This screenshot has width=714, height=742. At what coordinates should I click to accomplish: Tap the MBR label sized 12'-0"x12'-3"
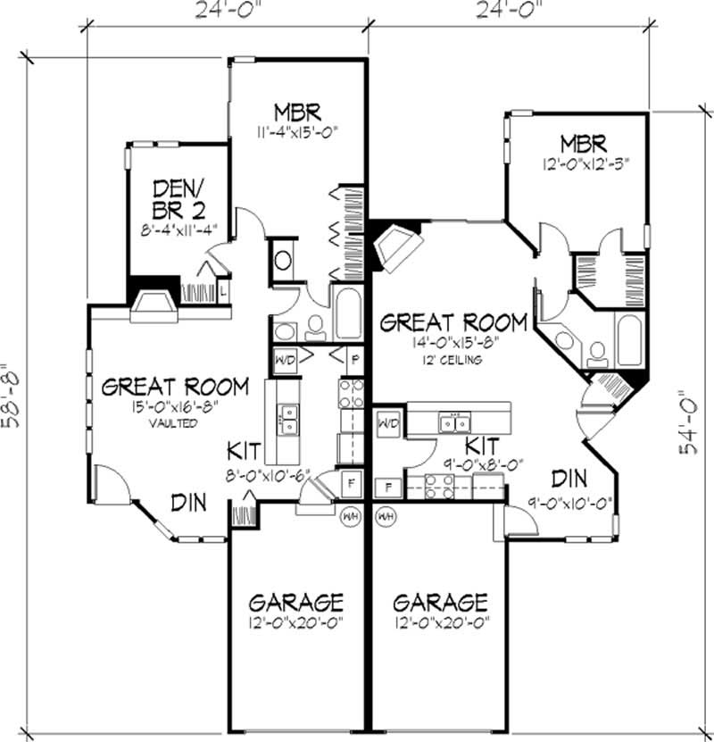coord(583,143)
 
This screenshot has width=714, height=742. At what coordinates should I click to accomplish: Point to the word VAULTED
coord(174,424)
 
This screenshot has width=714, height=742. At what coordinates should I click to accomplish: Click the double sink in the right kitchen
coord(456,420)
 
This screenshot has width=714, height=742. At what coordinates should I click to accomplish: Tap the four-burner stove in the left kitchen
coord(349,394)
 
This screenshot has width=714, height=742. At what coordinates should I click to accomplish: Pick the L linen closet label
coord(221,291)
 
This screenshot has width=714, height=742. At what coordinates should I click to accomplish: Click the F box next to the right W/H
coord(387,488)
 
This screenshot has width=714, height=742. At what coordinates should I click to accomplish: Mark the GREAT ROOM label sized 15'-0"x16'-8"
coord(175,388)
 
